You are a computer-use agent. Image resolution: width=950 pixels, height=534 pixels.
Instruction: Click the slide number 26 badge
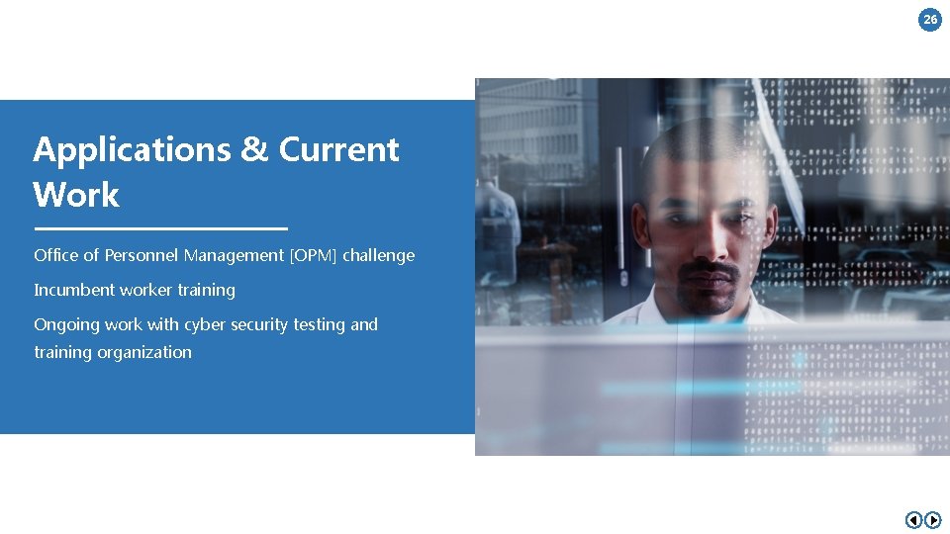[x=930, y=19]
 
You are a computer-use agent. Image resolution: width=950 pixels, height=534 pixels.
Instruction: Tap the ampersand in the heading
[x=253, y=149]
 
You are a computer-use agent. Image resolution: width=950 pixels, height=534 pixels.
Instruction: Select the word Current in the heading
[x=338, y=149]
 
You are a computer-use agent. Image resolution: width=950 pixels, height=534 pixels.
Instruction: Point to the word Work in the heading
[x=76, y=195]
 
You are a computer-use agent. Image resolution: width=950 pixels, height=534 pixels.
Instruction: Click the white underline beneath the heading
[x=160, y=228]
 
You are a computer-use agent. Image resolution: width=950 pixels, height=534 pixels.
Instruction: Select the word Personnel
[x=142, y=255]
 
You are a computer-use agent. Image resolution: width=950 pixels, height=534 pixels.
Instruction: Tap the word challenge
[x=379, y=255]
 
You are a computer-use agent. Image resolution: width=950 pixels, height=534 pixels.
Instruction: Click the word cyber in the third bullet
[x=204, y=324]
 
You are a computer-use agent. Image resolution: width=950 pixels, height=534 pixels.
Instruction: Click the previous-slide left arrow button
[x=913, y=520]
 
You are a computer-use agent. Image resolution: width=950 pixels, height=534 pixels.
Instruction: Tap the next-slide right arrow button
[x=932, y=520]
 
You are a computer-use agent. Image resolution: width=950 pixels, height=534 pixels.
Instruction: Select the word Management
[x=234, y=255]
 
